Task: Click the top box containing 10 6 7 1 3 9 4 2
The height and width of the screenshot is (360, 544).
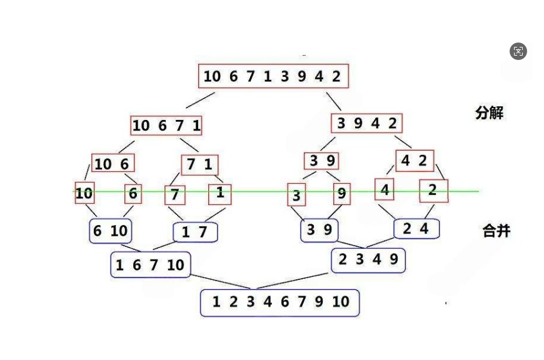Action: [273, 76]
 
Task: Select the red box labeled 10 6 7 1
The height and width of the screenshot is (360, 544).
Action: [166, 126]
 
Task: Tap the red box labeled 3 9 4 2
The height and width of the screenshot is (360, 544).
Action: [366, 123]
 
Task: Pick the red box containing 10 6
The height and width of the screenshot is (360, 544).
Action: [113, 164]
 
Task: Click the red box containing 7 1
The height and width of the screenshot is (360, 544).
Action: [199, 165]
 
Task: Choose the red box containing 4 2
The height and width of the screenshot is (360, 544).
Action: [414, 161]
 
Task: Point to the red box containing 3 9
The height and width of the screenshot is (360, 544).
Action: [322, 161]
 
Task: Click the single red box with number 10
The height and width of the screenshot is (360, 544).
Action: [84, 194]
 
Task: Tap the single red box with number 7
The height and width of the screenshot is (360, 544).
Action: [175, 195]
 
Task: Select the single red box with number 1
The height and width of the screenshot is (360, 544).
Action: [219, 193]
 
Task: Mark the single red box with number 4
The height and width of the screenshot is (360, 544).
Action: [385, 189]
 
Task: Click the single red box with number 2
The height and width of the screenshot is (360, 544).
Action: [433, 191]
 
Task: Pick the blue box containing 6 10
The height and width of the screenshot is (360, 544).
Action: [110, 231]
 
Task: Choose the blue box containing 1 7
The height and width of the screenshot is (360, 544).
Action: [195, 232]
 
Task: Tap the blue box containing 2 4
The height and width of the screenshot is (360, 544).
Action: [416, 229]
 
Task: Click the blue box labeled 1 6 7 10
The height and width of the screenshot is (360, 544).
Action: [150, 265]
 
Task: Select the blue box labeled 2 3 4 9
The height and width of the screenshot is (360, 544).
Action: [368, 260]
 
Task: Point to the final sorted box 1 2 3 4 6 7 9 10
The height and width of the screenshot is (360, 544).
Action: [280, 302]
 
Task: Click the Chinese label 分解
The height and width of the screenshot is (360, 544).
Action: [489, 113]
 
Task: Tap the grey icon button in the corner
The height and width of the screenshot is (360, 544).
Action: [518, 51]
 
